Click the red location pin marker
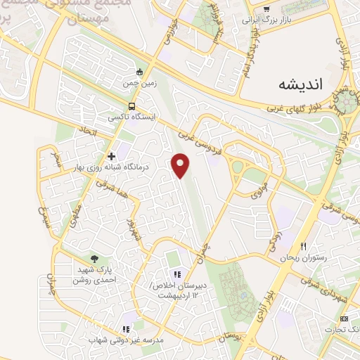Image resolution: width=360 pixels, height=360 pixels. [181, 165]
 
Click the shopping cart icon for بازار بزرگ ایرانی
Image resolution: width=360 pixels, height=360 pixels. [266, 9]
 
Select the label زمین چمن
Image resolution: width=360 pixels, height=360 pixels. [139, 83]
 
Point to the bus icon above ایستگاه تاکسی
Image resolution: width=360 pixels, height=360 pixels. [124, 107]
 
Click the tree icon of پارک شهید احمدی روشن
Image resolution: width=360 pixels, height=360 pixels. [95, 258]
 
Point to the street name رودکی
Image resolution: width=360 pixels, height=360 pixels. [272, 240]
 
